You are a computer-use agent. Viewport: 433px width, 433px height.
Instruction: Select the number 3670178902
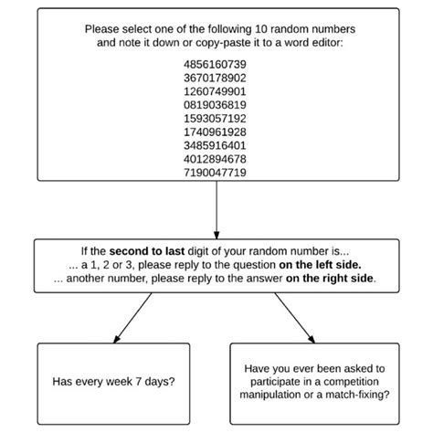coord(216,80)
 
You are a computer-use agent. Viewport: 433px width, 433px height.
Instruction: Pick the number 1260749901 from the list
coord(216,93)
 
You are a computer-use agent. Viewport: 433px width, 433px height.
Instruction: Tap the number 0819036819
coord(216,106)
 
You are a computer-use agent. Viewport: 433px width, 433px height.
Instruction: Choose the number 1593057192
coord(216,119)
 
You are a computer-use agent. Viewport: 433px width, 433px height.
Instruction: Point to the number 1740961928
coord(216,132)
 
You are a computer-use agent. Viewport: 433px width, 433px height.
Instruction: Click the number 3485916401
coord(216,145)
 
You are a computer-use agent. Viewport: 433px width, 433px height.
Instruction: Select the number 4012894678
coord(216,158)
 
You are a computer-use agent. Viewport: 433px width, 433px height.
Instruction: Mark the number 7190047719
coord(216,171)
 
